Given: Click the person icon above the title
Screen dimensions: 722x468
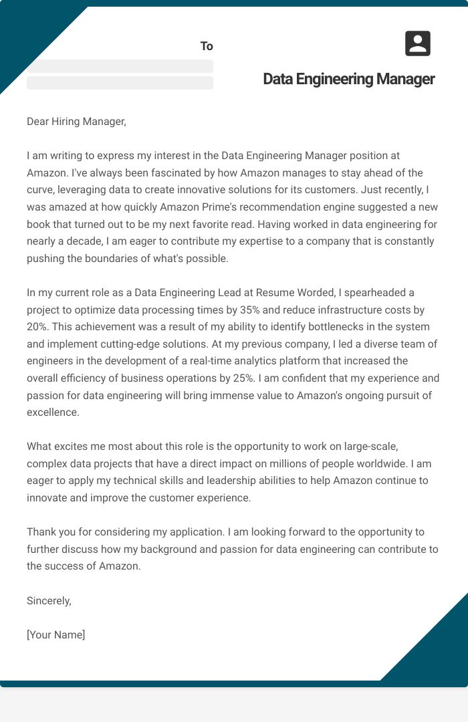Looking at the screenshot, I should (x=418, y=43).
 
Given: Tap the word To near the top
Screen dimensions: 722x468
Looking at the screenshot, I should (x=207, y=46).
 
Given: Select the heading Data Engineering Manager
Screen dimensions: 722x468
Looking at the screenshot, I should (x=348, y=79).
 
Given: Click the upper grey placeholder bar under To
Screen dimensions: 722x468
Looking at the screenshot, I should (x=120, y=66).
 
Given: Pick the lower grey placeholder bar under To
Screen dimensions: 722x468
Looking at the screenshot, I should (x=120, y=83).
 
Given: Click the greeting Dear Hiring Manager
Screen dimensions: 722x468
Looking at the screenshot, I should (x=76, y=121).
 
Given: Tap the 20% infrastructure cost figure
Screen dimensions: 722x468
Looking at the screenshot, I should (x=37, y=327).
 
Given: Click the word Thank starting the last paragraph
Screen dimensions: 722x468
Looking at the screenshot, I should (x=41, y=532).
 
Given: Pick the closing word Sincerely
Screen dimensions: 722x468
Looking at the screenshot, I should (x=49, y=600).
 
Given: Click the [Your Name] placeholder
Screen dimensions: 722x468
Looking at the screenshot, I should (x=56, y=634).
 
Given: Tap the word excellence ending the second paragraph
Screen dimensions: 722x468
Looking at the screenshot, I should (x=53, y=412).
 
